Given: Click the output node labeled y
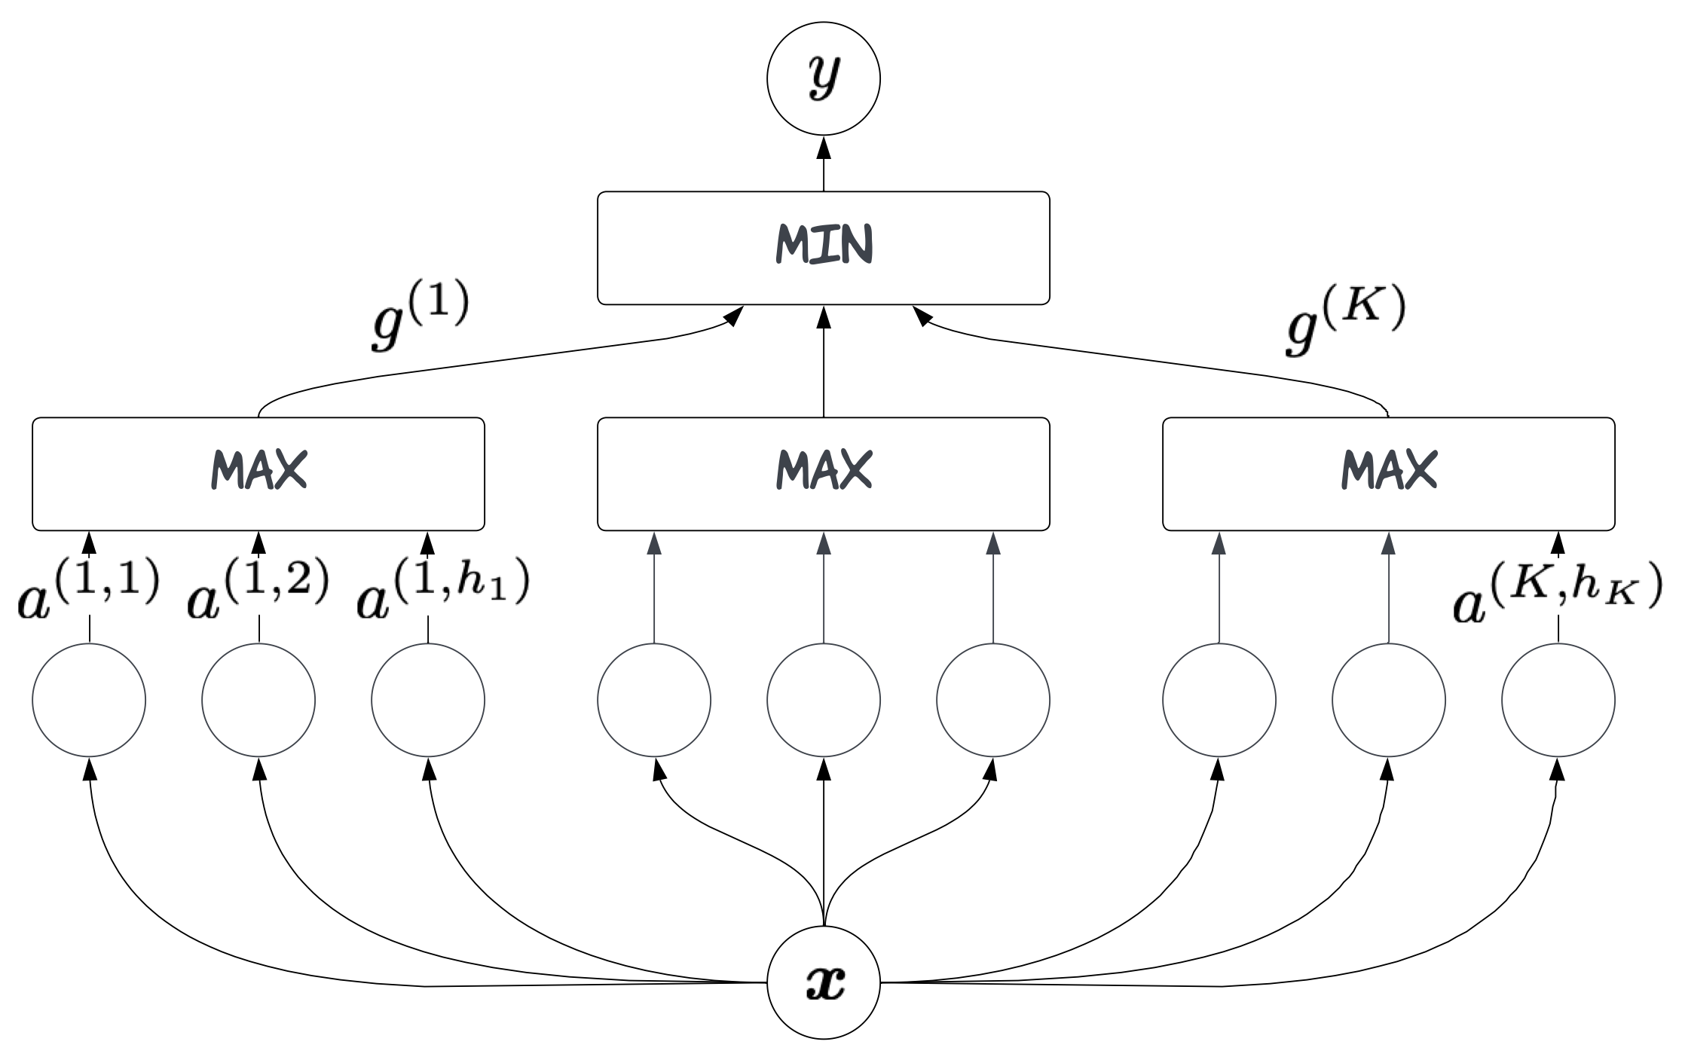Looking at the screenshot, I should pos(823,78).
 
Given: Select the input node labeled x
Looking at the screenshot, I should pos(823,982).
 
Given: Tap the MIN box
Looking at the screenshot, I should pos(823,248).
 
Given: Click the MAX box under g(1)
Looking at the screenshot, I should pos(258,474).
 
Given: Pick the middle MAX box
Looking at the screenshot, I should pos(823,474).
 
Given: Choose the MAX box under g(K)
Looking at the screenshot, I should pos(1388,474).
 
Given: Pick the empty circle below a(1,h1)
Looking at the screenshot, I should pos(428,700).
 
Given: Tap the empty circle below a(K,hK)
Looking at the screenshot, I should pos(1558,700).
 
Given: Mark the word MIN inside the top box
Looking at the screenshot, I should pos(824,243).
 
